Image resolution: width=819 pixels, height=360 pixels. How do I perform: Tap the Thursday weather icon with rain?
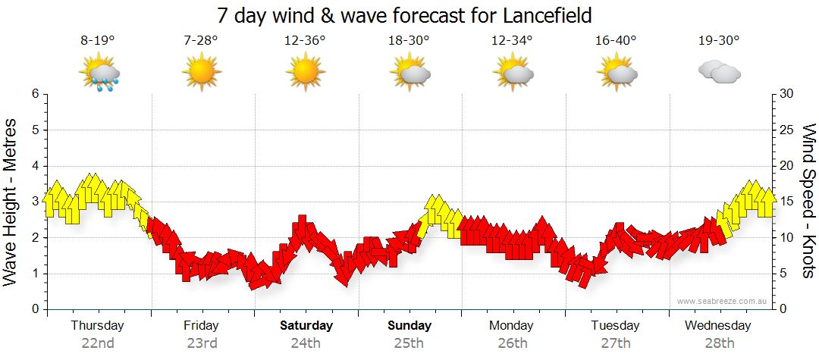pyautogui.click(x=99, y=74)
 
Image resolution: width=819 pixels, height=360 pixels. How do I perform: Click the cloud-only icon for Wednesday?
pyautogui.click(x=719, y=73)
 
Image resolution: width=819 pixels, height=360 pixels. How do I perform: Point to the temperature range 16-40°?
pyautogui.click(x=615, y=41)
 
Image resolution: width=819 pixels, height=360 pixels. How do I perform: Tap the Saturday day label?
pyautogui.click(x=306, y=326)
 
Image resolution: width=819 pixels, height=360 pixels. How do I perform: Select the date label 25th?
pyautogui.click(x=409, y=343)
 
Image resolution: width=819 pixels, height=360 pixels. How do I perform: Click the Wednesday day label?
pyautogui.click(x=717, y=326)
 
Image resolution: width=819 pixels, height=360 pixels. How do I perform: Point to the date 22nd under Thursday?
pyautogui.click(x=98, y=343)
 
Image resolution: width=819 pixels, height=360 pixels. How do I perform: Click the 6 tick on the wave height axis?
pyautogui.click(x=35, y=94)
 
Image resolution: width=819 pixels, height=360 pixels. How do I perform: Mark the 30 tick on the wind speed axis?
pyautogui.click(x=786, y=94)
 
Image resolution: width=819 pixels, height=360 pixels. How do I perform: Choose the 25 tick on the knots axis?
pyautogui.click(x=786, y=130)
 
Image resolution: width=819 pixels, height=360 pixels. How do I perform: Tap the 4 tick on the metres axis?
pyautogui.click(x=35, y=166)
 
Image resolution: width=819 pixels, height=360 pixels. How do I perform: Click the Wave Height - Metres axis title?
pyautogui.click(x=12, y=202)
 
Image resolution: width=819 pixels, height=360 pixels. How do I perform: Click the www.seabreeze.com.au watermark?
pyautogui.click(x=723, y=301)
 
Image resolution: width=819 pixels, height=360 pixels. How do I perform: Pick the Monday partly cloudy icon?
pyautogui.click(x=512, y=74)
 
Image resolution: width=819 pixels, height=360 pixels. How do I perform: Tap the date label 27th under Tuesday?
pyautogui.click(x=615, y=343)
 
